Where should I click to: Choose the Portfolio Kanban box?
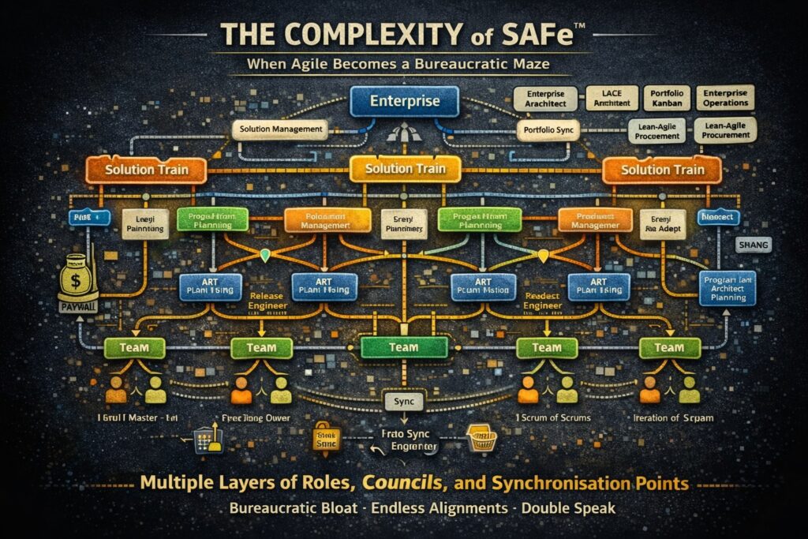[x=668, y=98]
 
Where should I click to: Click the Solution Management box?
[x=279, y=129]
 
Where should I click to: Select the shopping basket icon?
[x=481, y=439]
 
